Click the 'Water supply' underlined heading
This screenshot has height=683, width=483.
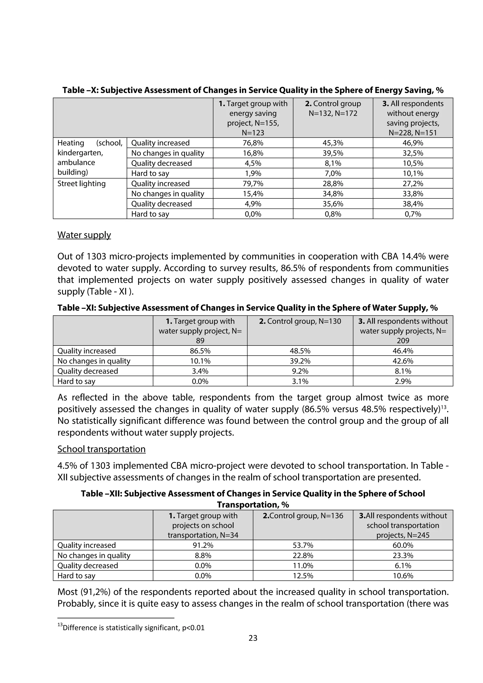(x=84, y=235)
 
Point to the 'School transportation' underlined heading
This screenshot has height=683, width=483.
(x=101, y=449)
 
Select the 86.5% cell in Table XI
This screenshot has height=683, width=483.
(x=200, y=351)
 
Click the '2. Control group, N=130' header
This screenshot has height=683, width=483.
(x=300, y=321)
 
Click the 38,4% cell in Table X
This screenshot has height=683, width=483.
(x=413, y=204)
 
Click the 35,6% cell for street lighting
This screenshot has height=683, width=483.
(x=333, y=204)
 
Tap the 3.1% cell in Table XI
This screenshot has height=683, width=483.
(x=300, y=381)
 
